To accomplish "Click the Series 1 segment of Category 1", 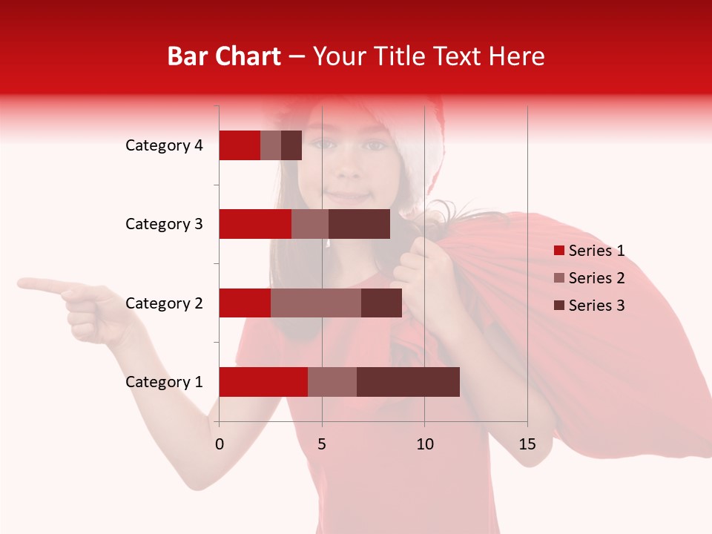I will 263,382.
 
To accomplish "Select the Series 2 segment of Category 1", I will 332,382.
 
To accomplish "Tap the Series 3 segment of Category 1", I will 408,382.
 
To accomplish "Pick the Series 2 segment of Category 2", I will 316,303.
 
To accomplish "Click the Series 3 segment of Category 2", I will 381,303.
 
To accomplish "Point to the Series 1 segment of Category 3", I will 255,224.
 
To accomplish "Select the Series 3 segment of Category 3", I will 359,224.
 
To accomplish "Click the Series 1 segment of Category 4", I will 240,145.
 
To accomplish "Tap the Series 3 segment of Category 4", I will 291,145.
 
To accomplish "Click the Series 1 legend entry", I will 589,251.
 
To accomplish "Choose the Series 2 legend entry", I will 589,278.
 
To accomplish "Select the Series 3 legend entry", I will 589,306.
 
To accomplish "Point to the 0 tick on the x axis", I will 220,444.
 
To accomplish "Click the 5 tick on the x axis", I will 322,444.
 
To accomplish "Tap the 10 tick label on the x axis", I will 424,444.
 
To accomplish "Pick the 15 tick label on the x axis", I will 527,444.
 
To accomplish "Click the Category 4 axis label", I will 164,145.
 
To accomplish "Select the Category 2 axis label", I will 164,303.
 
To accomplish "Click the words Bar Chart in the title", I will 224,56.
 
